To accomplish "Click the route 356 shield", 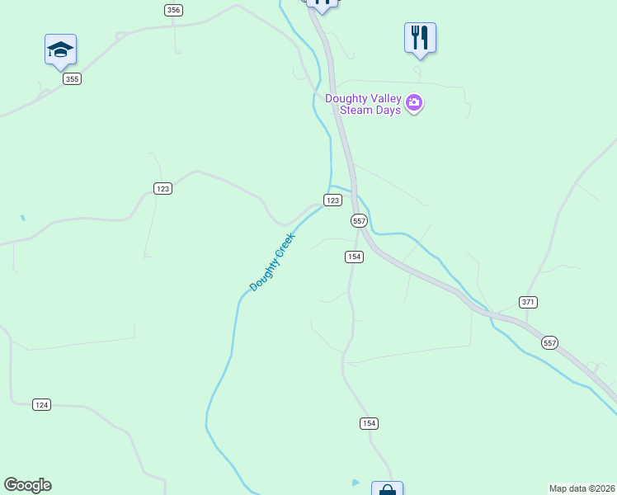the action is (x=172, y=10).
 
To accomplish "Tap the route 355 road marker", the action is (x=72, y=79).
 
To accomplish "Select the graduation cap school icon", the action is (x=60, y=49).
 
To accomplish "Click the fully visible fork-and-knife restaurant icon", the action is (x=420, y=38).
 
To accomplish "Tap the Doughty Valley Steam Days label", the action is (x=364, y=104).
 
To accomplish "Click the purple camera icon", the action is (x=414, y=104).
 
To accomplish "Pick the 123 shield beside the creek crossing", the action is (x=332, y=200).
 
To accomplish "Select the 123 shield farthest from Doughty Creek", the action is (x=162, y=189).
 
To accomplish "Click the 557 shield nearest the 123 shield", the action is (x=359, y=221).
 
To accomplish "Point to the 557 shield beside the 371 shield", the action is (x=550, y=342).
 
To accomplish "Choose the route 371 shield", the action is (x=529, y=302).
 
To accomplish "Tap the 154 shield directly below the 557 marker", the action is (x=354, y=257).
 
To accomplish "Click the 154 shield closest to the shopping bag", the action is (x=369, y=423).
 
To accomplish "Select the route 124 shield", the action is (x=42, y=404).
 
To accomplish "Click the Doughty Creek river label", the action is (x=272, y=262).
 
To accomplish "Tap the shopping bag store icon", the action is (x=387, y=489).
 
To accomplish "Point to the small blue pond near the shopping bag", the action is (x=355, y=482).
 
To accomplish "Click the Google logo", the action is (x=27, y=485).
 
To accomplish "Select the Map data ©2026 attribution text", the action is (x=582, y=488).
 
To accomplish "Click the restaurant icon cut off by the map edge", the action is (x=323, y=4).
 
